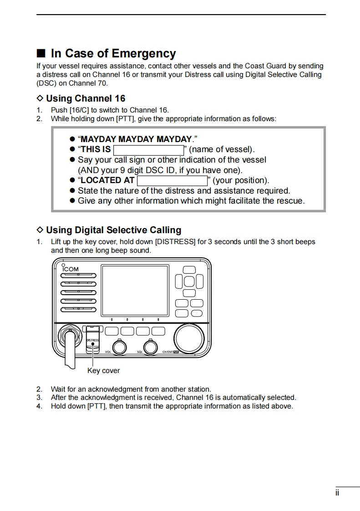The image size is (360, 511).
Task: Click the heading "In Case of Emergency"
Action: (113, 54)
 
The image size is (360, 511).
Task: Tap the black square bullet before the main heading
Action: (41, 54)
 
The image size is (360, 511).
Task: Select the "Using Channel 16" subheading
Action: (86, 98)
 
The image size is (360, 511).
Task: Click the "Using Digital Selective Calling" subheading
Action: (113, 230)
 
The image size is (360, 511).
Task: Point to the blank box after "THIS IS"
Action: (148, 150)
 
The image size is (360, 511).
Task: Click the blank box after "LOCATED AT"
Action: (172, 181)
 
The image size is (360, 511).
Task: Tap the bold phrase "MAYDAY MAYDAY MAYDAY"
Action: (136, 139)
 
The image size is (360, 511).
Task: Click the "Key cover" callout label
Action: (103, 371)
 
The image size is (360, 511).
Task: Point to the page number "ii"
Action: (337, 493)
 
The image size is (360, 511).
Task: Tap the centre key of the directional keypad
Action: (190, 282)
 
